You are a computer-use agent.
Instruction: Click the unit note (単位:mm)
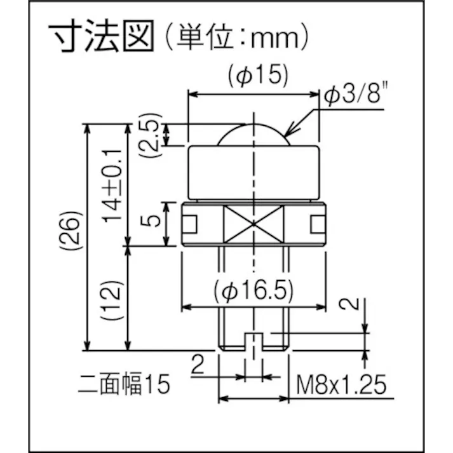point(233,39)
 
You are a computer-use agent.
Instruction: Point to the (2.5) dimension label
point(149,135)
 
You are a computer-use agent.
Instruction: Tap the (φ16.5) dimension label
point(254,292)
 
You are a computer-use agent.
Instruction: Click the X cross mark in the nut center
point(254,224)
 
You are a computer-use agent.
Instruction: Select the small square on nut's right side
point(318,224)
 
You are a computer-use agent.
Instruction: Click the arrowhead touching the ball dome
point(287,134)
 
